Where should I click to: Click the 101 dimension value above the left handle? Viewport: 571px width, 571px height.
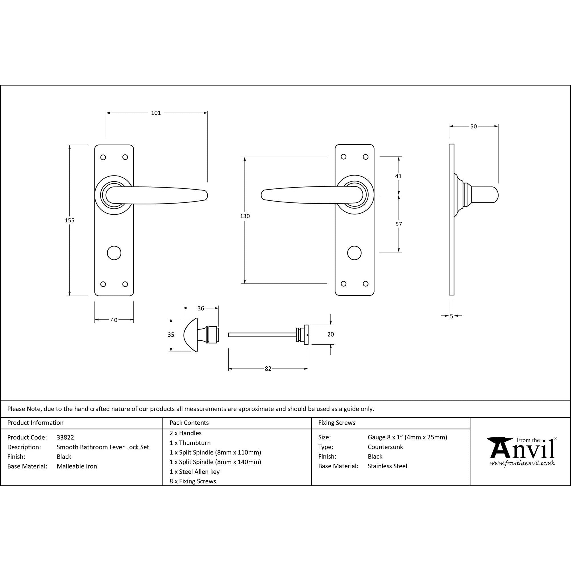[156, 113]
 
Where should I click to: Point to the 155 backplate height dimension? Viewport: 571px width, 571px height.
[70, 220]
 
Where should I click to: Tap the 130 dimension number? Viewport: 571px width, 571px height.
[245, 216]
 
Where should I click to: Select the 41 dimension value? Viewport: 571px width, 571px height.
[398, 176]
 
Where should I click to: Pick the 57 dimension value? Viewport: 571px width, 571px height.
[399, 224]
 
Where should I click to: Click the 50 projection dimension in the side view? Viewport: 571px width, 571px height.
[473, 126]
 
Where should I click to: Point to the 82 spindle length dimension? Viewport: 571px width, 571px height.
[268, 369]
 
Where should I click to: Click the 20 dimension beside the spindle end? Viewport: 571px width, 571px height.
[330, 334]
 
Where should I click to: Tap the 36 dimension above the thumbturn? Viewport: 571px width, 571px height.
[201, 308]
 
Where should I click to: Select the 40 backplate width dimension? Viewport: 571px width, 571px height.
[114, 320]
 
